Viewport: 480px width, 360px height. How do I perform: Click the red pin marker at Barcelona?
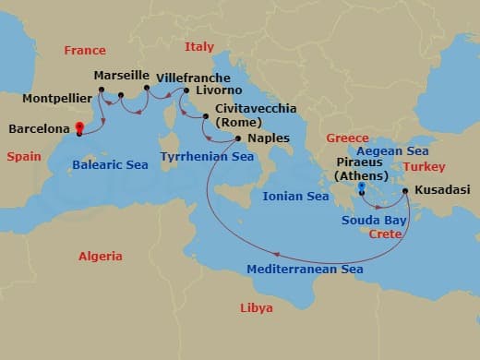[x=79, y=128]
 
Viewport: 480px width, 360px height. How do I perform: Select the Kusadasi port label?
[x=443, y=190]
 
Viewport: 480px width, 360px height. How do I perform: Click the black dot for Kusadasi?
[x=406, y=191]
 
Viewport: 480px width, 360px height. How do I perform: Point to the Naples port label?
[x=269, y=138]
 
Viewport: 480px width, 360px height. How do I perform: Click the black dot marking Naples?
[x=239, y=139]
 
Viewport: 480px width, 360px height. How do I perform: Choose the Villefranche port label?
[x=189, y=77]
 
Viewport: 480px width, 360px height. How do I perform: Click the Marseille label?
[x=123, y=77]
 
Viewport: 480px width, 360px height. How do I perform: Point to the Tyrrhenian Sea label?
[x=207, y=157]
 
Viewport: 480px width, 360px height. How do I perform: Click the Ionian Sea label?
[x=296, y=197]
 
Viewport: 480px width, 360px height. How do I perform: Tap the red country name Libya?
[x=256, y=307]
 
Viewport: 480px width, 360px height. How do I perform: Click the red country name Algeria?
[x=100, y=256]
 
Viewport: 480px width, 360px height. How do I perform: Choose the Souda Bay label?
[x=374, y=220]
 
